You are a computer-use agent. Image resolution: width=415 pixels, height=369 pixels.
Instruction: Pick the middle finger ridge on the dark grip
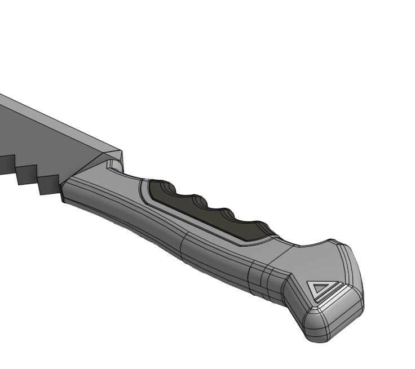pos(198,201)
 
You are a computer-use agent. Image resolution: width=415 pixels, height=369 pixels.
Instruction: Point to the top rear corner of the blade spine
pos(121,150)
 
